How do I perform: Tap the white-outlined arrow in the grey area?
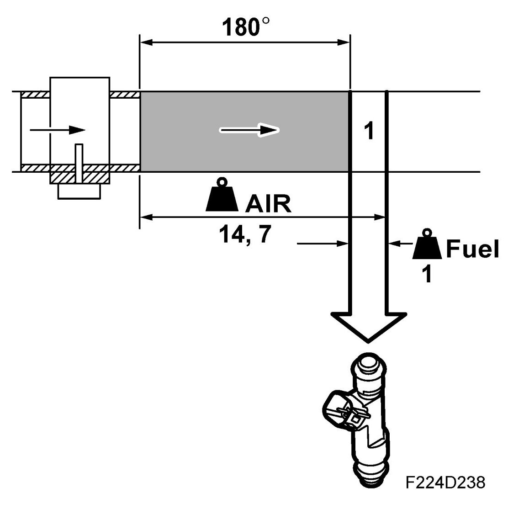249,130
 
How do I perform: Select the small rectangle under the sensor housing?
79,192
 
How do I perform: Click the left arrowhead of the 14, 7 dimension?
144,217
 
